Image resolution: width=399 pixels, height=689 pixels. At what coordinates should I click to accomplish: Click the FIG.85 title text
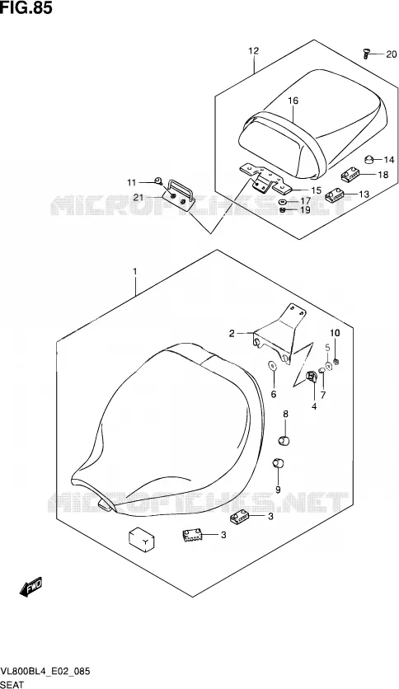coord(26,8)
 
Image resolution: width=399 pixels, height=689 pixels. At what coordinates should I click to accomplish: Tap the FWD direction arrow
coord(31,587)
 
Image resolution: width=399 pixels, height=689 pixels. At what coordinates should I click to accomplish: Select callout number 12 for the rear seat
coord(254,51)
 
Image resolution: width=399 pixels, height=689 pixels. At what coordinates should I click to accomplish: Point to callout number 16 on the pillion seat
coord(293,101)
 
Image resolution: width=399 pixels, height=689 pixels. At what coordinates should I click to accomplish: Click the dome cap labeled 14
coord(368,159)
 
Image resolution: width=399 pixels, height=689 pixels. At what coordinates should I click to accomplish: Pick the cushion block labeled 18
coord(350,176)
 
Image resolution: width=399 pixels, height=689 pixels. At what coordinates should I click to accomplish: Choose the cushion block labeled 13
coord(336,195)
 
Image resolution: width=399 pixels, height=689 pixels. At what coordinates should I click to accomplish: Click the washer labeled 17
coord(284,202)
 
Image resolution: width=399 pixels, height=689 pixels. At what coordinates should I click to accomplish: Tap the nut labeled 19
coord(283,210)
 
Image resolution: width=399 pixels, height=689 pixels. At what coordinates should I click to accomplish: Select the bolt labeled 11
coord(158,180)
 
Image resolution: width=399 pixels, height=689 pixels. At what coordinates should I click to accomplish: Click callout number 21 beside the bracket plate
coord(138,198)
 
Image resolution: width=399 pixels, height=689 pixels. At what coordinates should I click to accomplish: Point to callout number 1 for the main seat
coord(135,271)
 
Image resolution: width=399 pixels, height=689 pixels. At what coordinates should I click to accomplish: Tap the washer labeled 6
coord(272,365)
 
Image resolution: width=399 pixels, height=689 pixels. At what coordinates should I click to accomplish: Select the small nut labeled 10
coord(336,362)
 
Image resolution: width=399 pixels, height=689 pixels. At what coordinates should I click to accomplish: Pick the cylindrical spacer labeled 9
coord(278,462)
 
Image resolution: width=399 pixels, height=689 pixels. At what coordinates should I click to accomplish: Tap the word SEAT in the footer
coord(12,684)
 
